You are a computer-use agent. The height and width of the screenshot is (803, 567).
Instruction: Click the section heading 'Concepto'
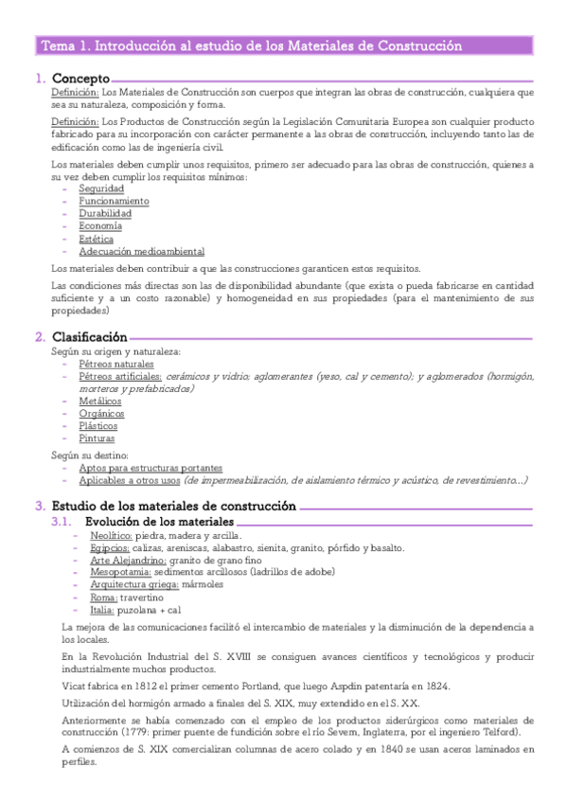pyautogui.click(x=80, y=79)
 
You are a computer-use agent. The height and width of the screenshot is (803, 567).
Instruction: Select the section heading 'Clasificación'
pyautogui.click(x=89, y=337)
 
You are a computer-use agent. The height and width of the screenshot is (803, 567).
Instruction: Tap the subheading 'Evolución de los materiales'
pyautogui.click(x=159, y=522)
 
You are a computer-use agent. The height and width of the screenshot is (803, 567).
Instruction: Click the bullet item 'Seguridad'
pyautogui.click(x=101, y=189)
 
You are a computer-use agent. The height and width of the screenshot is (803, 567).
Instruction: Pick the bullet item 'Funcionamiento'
pyautogui.click(x=114, y=202)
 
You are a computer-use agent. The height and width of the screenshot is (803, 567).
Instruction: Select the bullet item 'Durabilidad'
pyautogui.click(x=105, y=214)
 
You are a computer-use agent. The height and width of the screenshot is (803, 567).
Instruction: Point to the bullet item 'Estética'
pyautogui.click(x=97, y=239)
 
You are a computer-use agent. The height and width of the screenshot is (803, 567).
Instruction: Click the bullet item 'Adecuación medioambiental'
pyautogui.click(x=141, y=251)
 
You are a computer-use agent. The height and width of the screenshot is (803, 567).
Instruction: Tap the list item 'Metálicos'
pyautogui.click(x=100, y=401)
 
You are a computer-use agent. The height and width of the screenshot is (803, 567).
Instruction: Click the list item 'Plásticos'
pyautogui.click(x=98, y=426)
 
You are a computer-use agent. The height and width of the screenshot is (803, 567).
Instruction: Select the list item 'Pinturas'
pyautogui.click(x=97, y=438)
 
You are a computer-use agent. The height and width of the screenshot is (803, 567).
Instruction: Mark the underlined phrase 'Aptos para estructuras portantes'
pyautogui.click(x=151, y=468)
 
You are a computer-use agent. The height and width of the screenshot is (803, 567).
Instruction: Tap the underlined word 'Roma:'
pyautogui.click(x=103, y=598)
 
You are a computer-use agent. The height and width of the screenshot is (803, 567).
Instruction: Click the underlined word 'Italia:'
pyautogui.click(x=103, y=610)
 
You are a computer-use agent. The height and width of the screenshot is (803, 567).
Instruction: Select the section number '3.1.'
pyautogui.click(x=61, y=522)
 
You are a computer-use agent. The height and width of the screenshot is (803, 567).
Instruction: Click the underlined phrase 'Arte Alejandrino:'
pyautogui.click(x=128, y=561)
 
